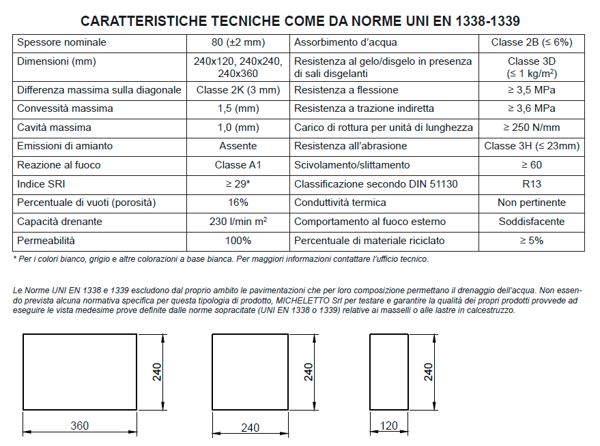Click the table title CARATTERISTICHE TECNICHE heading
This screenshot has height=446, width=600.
[304, 21]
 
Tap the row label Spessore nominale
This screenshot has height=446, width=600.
[62, 42]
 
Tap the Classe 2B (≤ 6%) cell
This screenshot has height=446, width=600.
[532, 42]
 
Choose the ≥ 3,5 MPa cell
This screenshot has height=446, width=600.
[532, 90]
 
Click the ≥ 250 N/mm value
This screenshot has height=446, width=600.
[532, 128]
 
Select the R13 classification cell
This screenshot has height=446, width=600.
[532, 184]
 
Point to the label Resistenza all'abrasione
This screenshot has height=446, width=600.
[350, 146]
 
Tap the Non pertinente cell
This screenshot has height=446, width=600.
[532, 203]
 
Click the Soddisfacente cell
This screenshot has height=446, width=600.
[532, 222]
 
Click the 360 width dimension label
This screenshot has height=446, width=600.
[80, 426]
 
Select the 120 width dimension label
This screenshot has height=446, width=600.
[388, 426]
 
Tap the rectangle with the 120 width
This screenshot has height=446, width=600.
[389, 372]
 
